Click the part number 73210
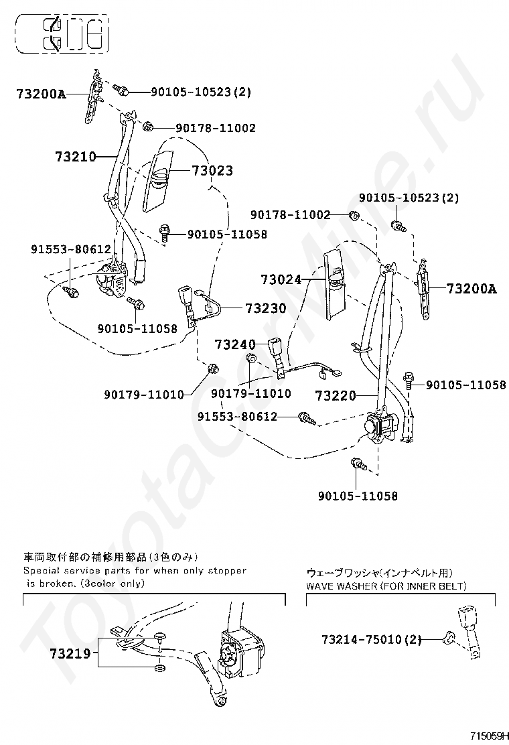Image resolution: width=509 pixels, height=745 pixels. point(76,157)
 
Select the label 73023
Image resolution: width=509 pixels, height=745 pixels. point(212,171)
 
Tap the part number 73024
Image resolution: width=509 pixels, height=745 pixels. point(281,279)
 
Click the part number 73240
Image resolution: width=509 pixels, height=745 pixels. point(235,344)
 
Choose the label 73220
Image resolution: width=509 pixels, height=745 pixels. point(336,395)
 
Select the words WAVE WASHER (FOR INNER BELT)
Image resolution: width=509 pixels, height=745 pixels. point(386,586)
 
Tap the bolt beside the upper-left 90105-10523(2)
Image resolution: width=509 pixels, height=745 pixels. point(121,88)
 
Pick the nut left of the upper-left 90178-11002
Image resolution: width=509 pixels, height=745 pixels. point(148,126)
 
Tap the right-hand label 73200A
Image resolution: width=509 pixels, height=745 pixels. point(471,289)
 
